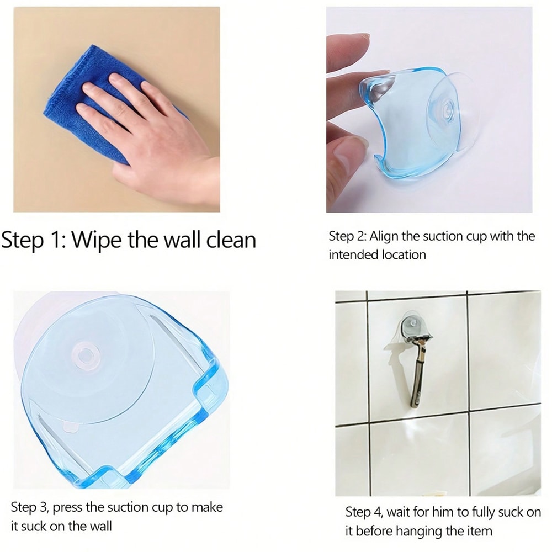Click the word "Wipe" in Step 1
(x=97, y=241)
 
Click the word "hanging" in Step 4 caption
(x=407, y=531)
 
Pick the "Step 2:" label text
(x=347, y=237)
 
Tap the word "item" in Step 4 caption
(x=478, y=531)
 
